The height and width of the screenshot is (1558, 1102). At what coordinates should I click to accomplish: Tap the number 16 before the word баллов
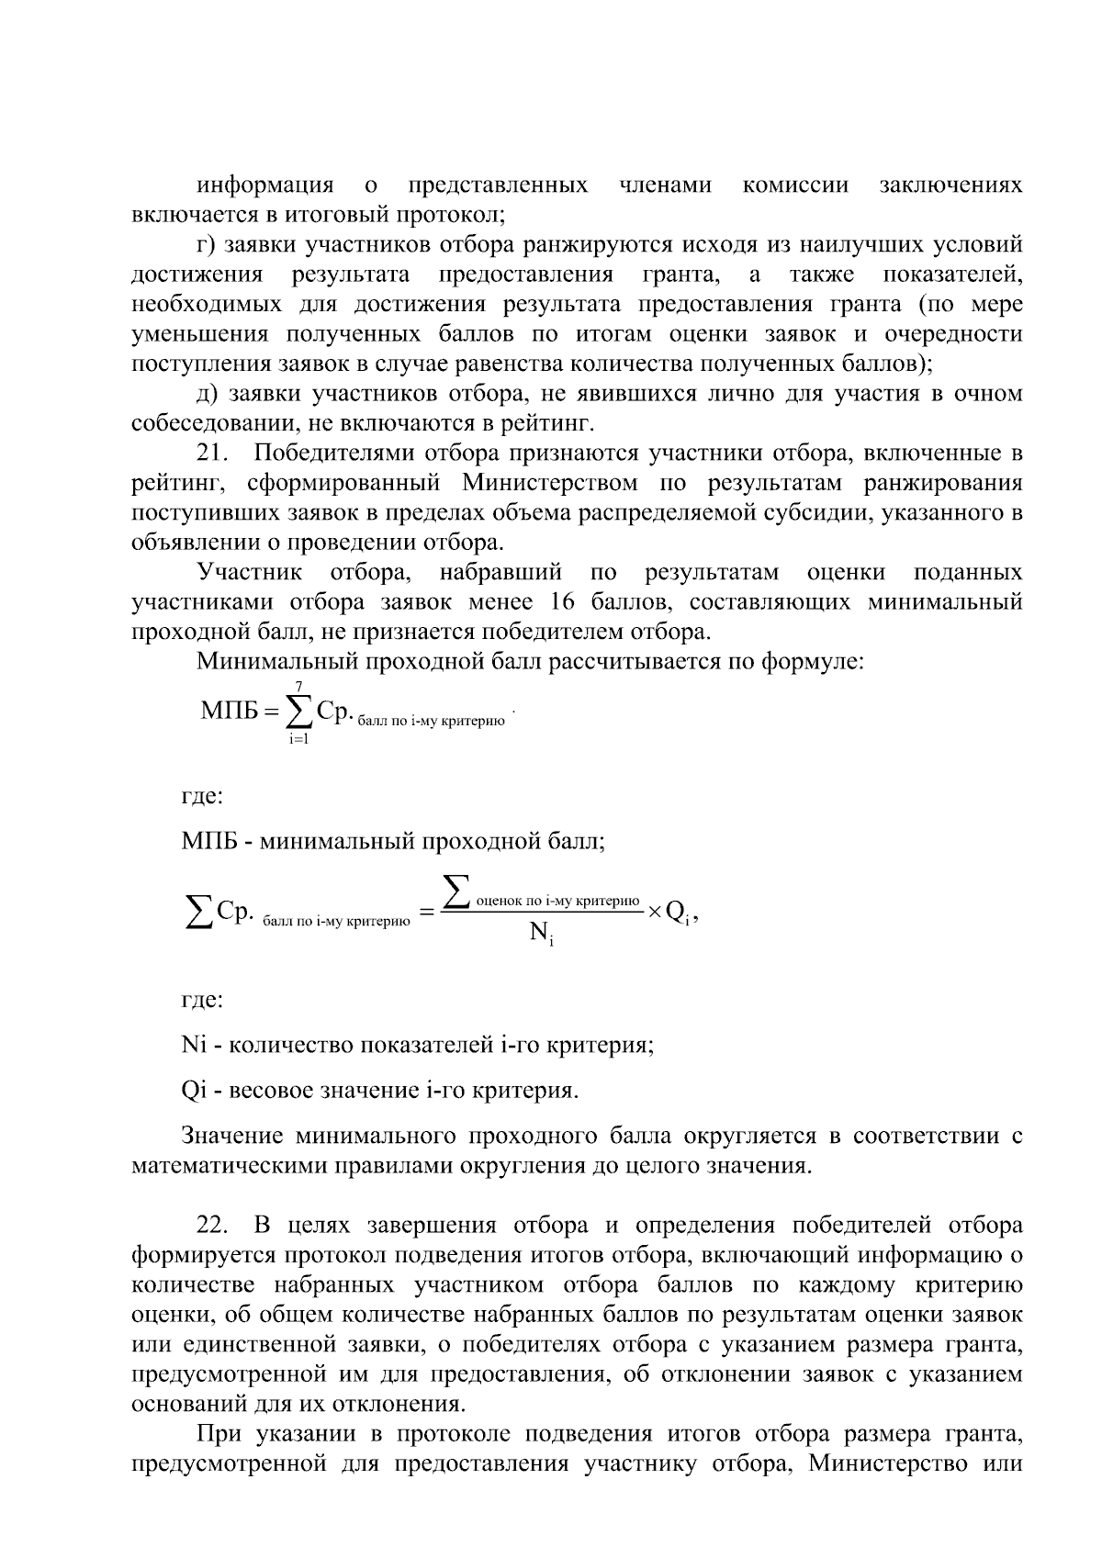click(x=565, y=602)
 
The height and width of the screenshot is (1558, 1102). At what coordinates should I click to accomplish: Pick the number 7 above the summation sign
click(x=298, y=687)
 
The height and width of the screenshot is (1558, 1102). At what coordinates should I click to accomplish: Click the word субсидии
click(x=812, y=512)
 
